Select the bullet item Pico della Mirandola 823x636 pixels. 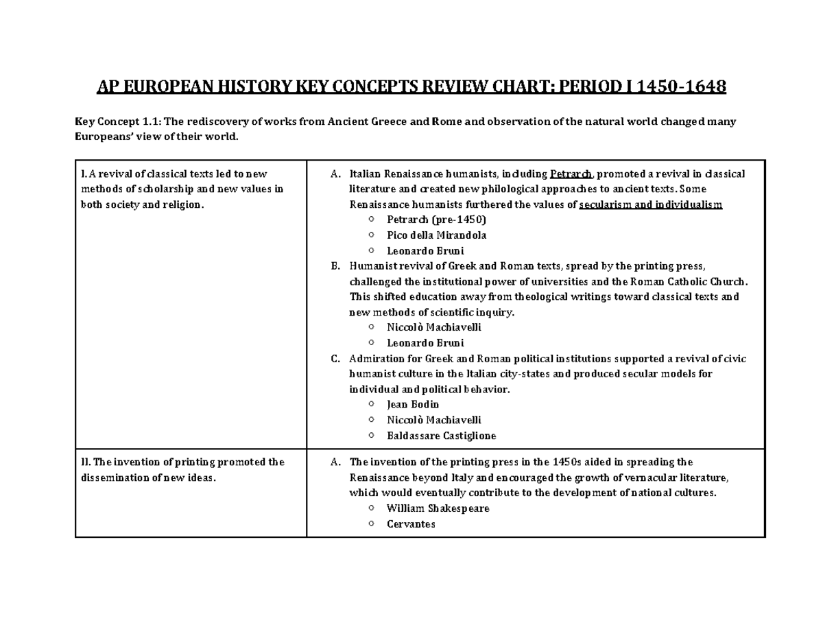point(436,235)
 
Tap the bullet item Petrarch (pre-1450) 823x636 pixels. point(436,220)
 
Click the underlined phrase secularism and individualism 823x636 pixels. point(651,204)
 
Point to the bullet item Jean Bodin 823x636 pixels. point(413,404)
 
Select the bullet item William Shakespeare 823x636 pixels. point(438,508)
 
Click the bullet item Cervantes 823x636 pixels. point(411,524)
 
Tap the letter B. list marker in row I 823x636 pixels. point(335,266)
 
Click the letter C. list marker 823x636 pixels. point(335,359)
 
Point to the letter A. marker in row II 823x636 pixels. point(335,462)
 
